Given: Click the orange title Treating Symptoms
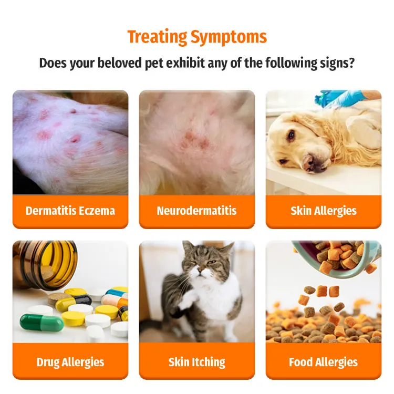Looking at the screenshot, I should [197, 37].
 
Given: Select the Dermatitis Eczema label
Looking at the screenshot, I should [70, 211].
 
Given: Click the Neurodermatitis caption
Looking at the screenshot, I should [196, 211].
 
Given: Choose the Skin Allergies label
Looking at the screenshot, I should [323, 211].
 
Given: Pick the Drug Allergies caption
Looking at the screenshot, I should [70, 362].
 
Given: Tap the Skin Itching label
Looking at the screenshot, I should [196, 362].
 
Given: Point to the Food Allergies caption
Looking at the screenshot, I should [323, 362].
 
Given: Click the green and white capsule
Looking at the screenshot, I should [42, 322].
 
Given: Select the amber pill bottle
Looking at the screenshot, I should [45, 265].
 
